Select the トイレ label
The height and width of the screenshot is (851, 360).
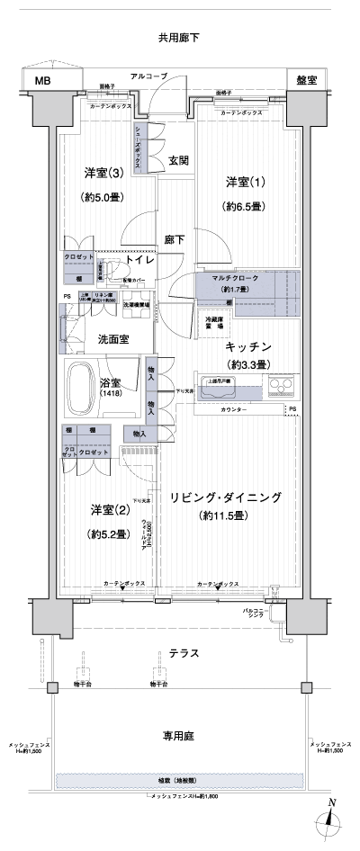(x=141, y=260)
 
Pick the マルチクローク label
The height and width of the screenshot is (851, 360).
(x=235, y=278)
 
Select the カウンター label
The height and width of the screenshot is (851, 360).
(x=235, y=410)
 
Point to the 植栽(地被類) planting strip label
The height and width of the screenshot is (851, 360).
(x=181, y=780)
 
